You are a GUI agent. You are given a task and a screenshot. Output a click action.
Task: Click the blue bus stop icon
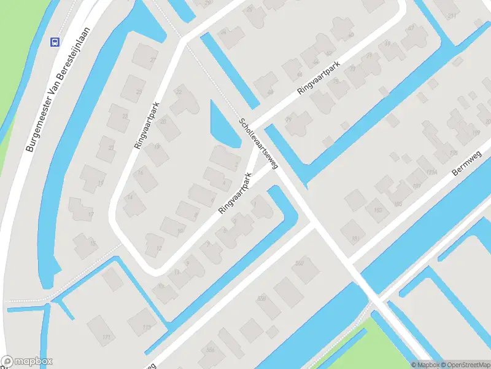(55, 42)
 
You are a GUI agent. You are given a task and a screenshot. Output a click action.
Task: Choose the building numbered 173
(146, 327)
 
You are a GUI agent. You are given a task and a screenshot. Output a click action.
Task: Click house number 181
(354, 238)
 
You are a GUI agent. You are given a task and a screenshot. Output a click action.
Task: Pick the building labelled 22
(179, 92)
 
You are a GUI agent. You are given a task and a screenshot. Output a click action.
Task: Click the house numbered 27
(153, 60)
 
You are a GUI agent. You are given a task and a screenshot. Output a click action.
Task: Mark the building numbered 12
(158, 247)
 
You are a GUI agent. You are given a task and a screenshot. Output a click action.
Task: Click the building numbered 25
(139, 92)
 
